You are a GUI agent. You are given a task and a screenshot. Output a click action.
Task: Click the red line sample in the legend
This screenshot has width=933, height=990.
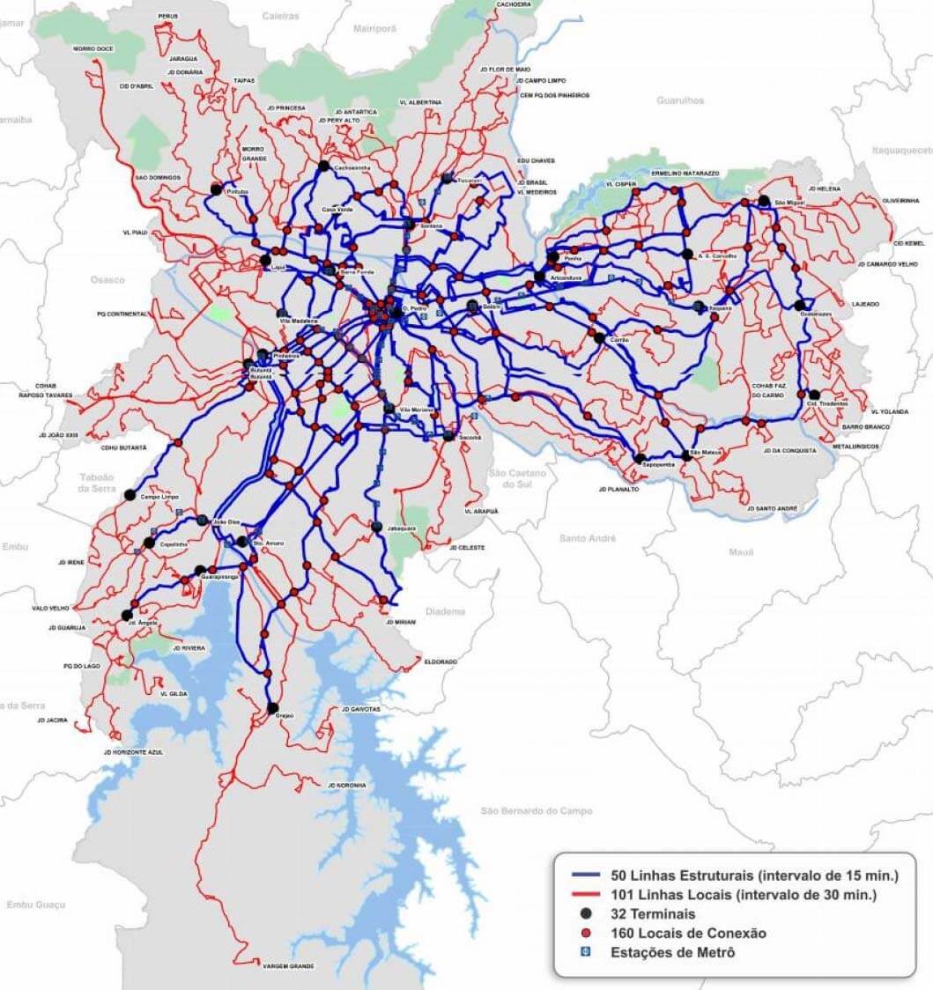pyautogui.click(x=585, y=895)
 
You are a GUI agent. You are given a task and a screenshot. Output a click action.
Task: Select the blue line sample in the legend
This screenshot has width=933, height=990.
pyautogui.click(x=585, y=875)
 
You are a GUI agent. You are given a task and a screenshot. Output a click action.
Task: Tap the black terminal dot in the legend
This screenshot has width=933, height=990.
pyautogui.click(x=586, y=913)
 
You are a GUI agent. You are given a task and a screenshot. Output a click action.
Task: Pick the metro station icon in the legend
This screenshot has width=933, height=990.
pyautogui.click(x=586, y=952)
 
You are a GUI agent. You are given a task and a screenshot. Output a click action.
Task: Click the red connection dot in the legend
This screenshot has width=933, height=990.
pyautogui.click(x=586, y=933)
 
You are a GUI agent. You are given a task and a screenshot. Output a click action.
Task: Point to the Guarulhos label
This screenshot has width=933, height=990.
pyautogui.click(x=679, y=100)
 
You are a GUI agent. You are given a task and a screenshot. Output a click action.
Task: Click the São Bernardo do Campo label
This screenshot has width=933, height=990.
pyautogui.click(x=537, y=810)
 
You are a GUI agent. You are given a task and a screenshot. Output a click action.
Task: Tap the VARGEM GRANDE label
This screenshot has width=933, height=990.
pyautogui.click(x=288, y=966)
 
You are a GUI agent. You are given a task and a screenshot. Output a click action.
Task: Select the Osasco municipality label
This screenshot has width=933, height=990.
pyautogui.click(x=107, y=279)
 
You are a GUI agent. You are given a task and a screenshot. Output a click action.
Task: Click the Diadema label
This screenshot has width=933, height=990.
pyautogui.click(x=444, y=610)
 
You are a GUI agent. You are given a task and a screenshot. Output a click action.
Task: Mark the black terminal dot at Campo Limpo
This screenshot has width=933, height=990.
pyautogui.click(x=131, y=495)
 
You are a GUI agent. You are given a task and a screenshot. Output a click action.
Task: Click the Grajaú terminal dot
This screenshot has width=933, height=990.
pyautogui.click(x=272, y=707)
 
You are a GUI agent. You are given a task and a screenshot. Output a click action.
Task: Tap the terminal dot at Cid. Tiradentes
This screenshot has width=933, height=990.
pyautogui.click(x=814, y=395)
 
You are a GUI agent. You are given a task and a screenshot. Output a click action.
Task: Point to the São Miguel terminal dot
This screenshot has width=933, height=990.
pyautogui.click(x=763, y=200)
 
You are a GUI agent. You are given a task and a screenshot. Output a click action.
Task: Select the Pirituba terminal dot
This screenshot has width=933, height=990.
pyautogui.click(x=216, y=188)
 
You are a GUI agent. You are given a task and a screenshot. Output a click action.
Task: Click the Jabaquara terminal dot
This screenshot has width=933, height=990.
pyautogui.click(x=377, y=527)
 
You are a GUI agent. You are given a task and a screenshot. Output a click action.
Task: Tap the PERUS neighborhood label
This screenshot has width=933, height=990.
pyautogui.click(x=168, y=16)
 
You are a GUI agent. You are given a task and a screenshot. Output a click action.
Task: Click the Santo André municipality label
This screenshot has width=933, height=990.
pyautogui.click(x=587, y=537)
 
